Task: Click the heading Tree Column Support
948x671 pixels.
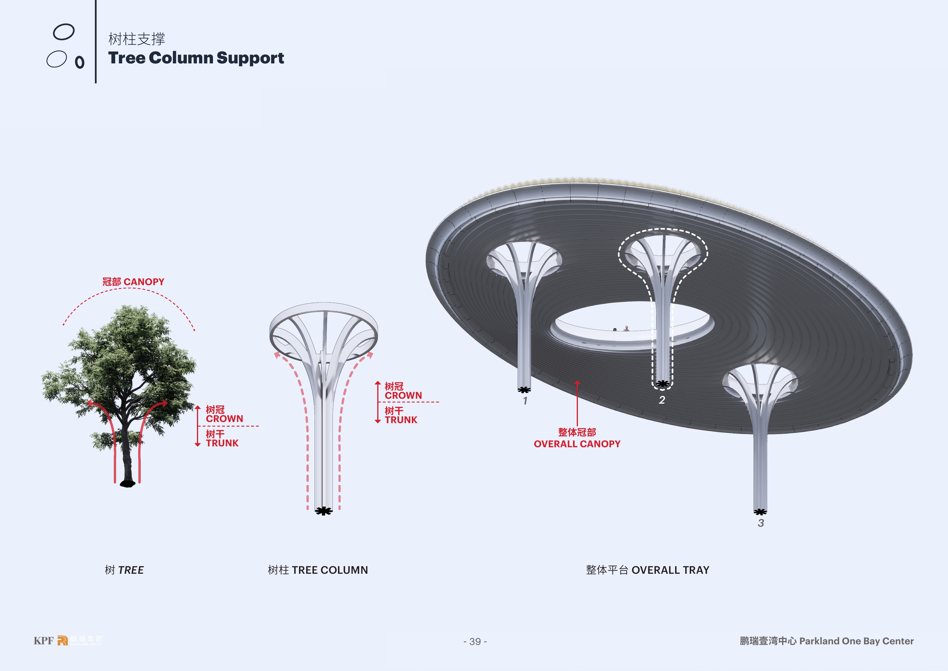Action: [x=196, y=58]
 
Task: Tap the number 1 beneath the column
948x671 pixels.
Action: [x=525, y=401]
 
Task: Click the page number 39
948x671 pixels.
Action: [x=475, y=642]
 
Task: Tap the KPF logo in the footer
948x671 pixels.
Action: [x=43, y=641]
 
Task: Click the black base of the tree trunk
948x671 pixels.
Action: [x=128, y=483]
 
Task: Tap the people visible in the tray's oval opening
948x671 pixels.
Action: [x=621, y=329]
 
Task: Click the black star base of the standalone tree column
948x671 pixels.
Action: [x=324, y=511]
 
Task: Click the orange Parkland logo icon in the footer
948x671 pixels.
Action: [x=62, y=640]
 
